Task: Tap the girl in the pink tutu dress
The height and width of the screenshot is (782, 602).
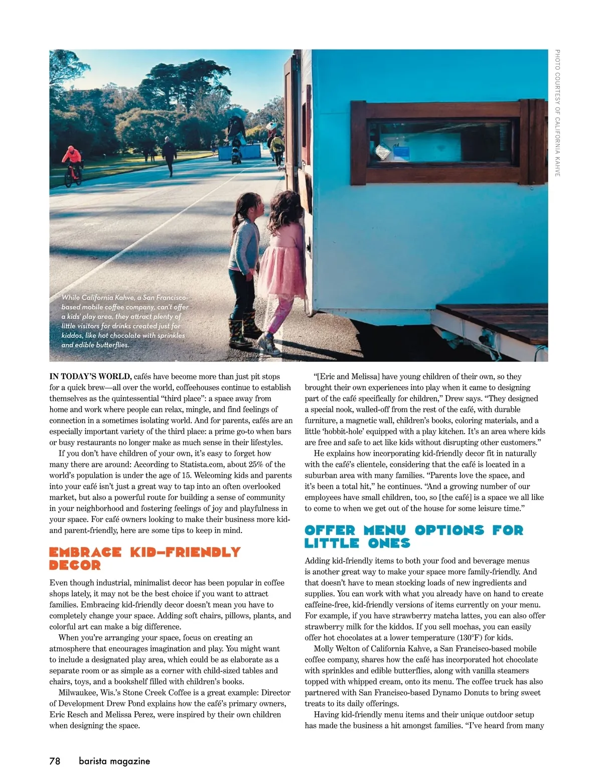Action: [x=283, y=261]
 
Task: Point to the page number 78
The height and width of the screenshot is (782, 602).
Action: [x=55, y=761]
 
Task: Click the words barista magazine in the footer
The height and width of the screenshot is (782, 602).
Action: [x=114, y=761]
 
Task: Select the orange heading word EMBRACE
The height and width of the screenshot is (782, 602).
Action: [x=85, y=553]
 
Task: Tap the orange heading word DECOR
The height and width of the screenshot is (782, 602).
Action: [x=75, y=566]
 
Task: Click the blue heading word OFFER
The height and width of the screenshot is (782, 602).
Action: [x=330, y=531]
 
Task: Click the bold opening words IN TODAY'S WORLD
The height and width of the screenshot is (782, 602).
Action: [x=90, y=376]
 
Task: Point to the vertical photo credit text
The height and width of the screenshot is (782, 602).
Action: [x=557, y=113]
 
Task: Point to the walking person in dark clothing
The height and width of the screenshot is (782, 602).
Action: [x=169, y=156]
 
